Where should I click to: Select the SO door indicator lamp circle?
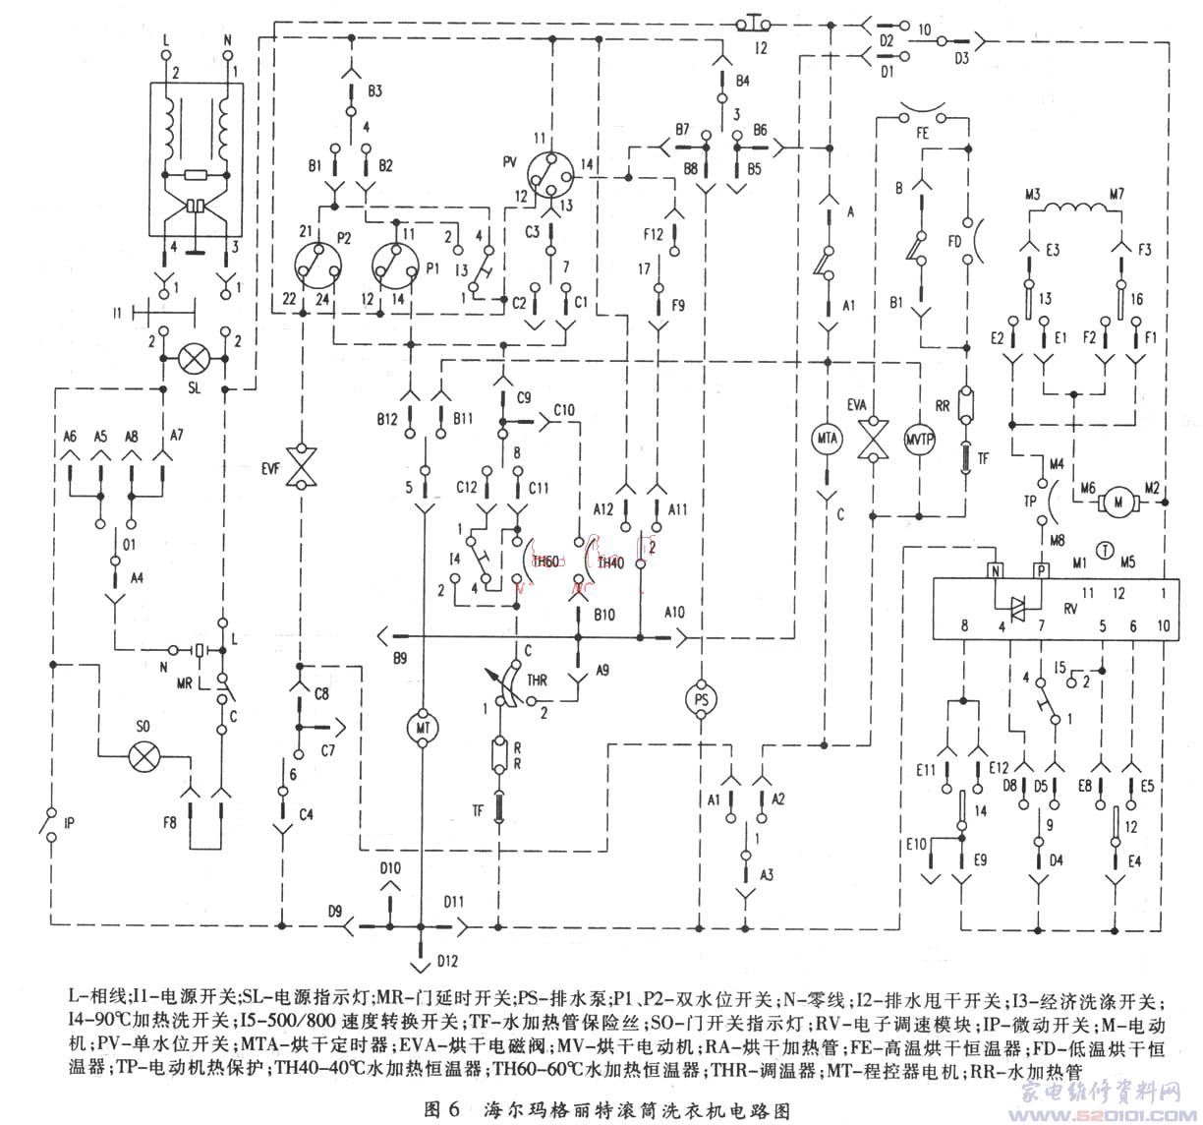[x=145, y=754]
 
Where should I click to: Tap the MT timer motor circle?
[x=420, y=725]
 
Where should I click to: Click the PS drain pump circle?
[x=700, y=696]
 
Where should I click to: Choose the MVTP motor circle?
[x=918, y=439]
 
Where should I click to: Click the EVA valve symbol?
[x=871, y=439]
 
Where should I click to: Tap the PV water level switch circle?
[x=549, y=174]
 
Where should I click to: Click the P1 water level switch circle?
[x=397, y=264]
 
